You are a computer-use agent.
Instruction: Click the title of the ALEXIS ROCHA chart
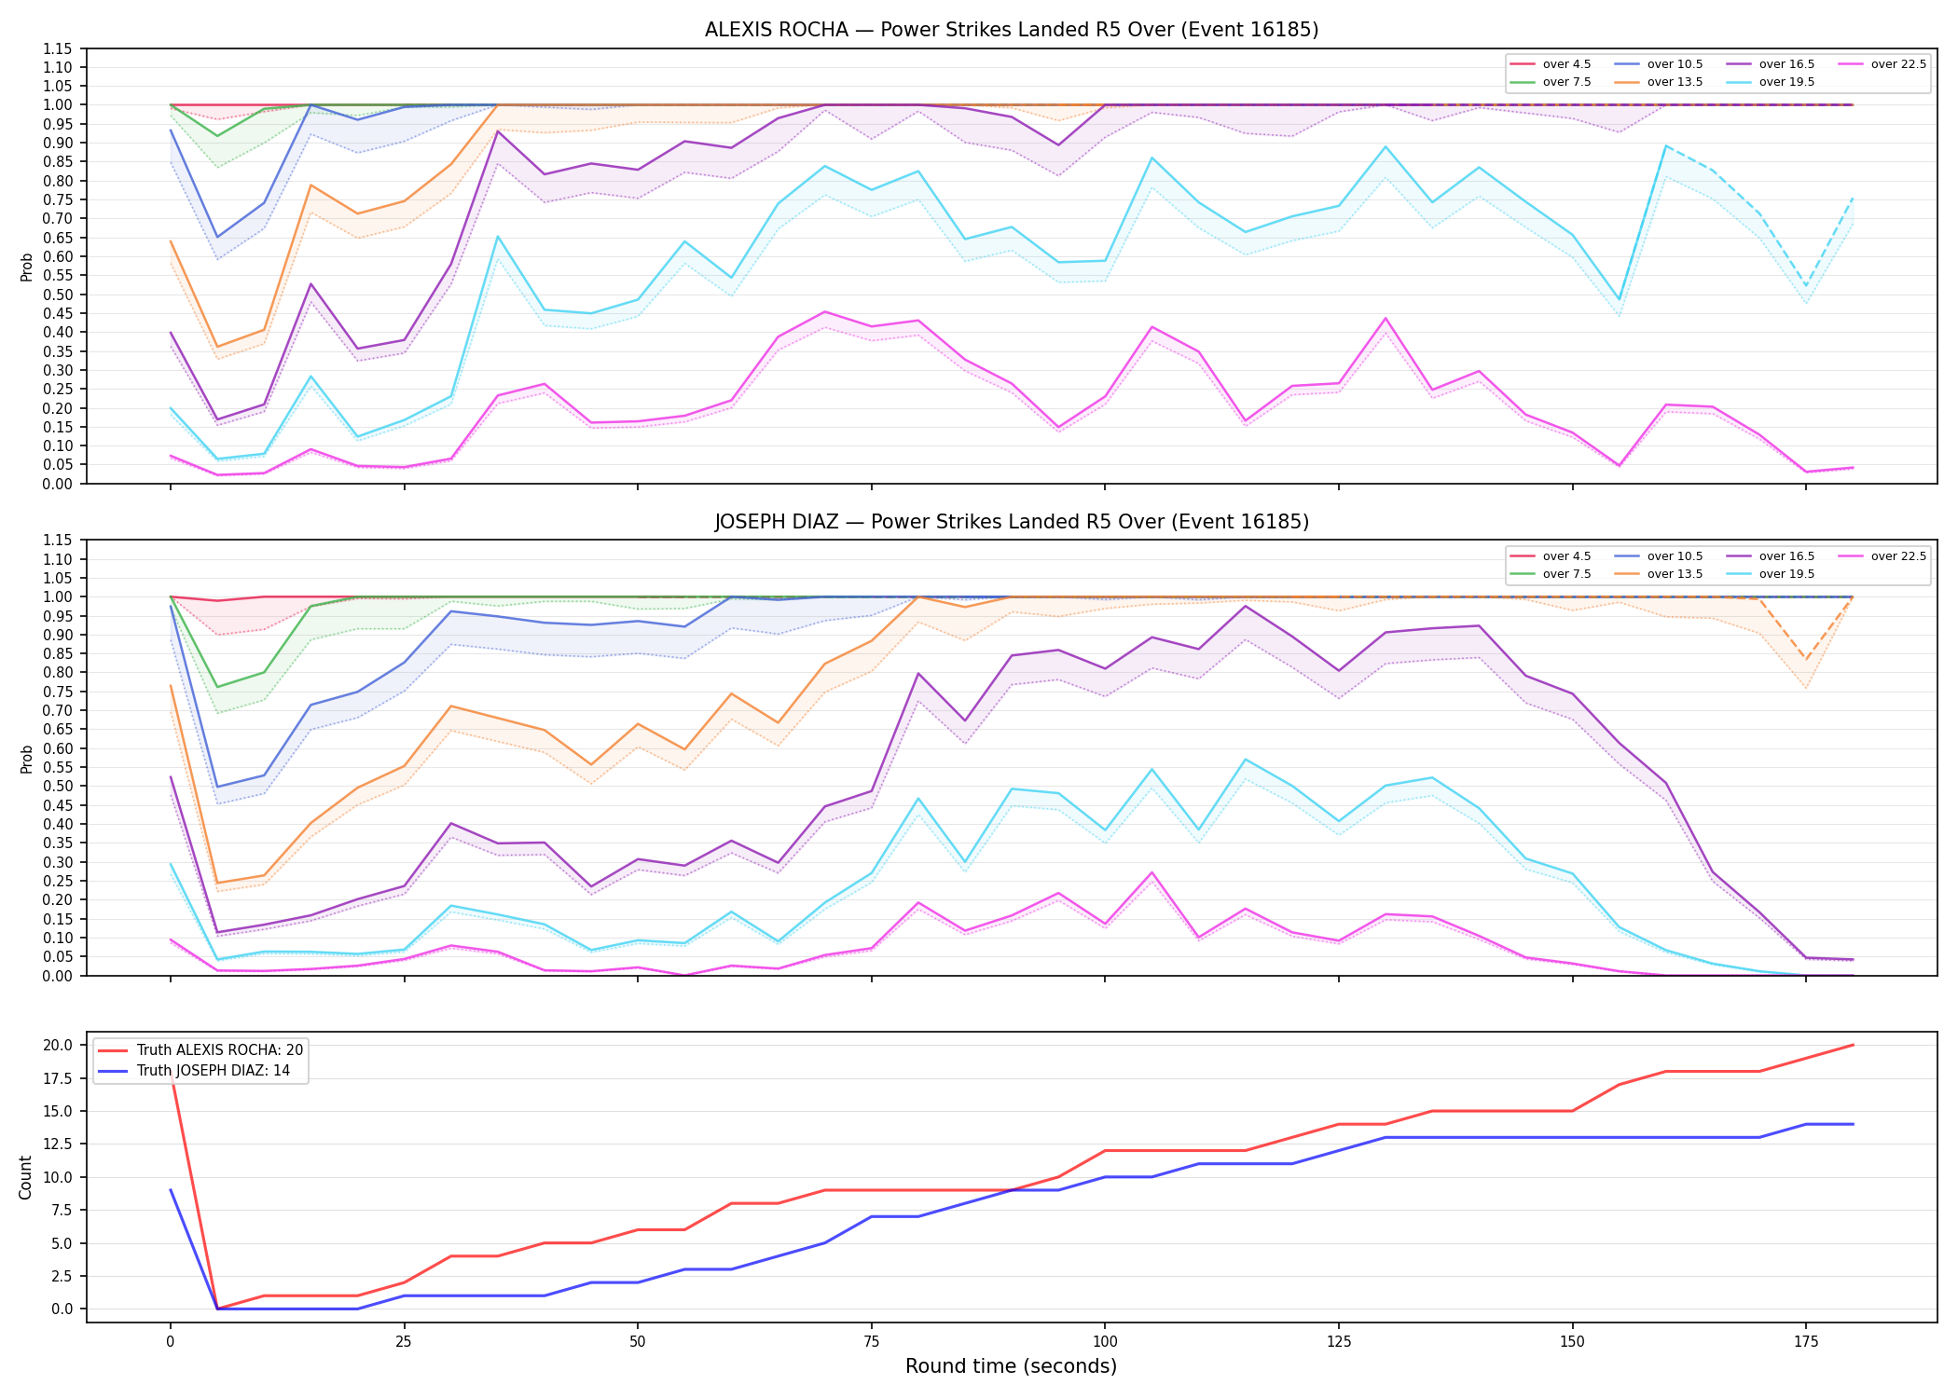(x=1012, y=30)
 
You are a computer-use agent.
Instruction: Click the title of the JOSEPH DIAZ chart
(x=1012, y=522)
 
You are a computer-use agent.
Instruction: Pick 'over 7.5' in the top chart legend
(x=1566, y=82)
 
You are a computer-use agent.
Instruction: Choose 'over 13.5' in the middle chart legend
(x=1675, y=574)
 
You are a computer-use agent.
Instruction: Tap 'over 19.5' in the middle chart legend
(x=1786, y=574)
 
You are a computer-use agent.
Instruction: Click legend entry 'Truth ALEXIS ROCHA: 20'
(x=220, y=1050)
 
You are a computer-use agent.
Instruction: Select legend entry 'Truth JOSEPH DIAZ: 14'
(x=214, y=1071)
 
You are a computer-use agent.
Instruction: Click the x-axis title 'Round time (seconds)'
(x=1011, y=1366)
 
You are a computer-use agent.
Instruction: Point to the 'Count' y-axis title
(x=25, y=1177)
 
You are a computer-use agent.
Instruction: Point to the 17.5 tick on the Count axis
(x=59, y=1079)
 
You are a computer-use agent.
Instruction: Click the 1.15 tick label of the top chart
(x=58, y=48)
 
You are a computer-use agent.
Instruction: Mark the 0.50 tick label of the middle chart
(x=58, y=787)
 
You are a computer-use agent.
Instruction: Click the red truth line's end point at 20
(x=1853, y=1045)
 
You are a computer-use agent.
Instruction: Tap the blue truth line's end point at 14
(x=1853, y=1124)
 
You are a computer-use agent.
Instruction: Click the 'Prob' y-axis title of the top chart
(x=27, y=267)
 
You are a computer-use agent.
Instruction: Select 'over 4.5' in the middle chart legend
(x=1566, y=556)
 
